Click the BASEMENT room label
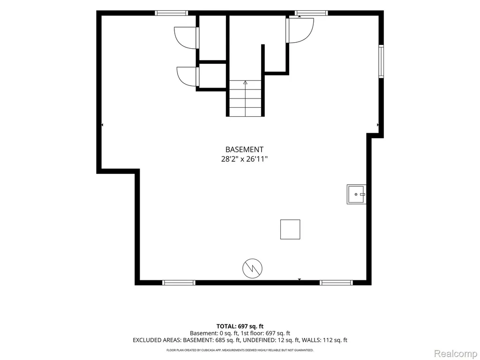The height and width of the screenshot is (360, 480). [x=244, y=150]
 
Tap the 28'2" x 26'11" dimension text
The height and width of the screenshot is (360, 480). [x=244, y=159]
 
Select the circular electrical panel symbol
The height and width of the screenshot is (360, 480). [x=253, y=269]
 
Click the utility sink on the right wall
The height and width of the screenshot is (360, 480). [x=356, y=195]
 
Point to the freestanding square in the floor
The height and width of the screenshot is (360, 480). [x=290, y=229]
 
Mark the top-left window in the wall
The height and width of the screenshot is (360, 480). [x=171, y=13]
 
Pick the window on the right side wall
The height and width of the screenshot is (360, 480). [x=381, y=61]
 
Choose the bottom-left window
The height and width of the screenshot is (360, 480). [x=179, y=283]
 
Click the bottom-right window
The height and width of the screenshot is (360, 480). [x=336, y=283]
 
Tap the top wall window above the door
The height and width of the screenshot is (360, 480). [x=311, y=13]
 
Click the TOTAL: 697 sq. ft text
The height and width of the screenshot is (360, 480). [x=240, y=326]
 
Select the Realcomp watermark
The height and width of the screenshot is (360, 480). [x=456, y=353]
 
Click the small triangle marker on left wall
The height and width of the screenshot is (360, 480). [x=102, y=125]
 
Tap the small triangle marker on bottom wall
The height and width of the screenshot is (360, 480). [x=300, y=279]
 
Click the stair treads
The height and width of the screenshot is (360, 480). [x=245, y=98]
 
